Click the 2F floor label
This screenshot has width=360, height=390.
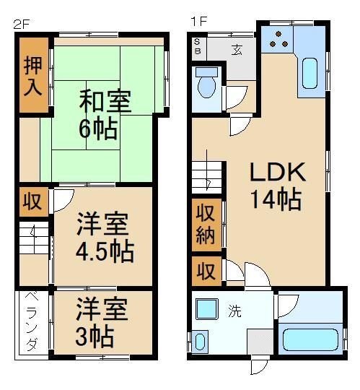pos(21,22)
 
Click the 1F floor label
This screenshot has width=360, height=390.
pos(198,21)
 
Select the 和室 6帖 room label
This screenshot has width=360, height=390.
pos(106,113)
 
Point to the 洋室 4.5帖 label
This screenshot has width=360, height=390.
pos(104,238)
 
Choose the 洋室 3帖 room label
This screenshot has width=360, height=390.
pos(102,322)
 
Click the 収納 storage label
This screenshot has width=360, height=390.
pos(206,226)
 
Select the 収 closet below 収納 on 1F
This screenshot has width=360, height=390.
pos(206,272)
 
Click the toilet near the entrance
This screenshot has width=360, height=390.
pos(207,84)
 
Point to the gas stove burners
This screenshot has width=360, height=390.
pos(279,42)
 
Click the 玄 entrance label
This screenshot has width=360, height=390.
pos(237,50)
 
